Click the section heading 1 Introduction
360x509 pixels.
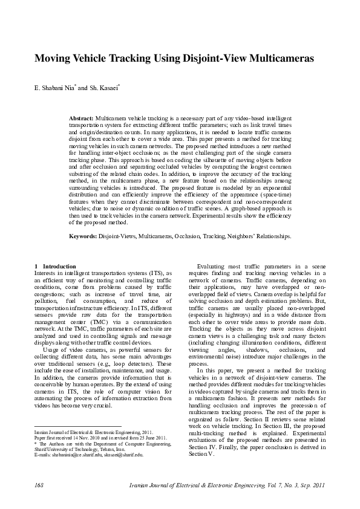click(x=55, y=266)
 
